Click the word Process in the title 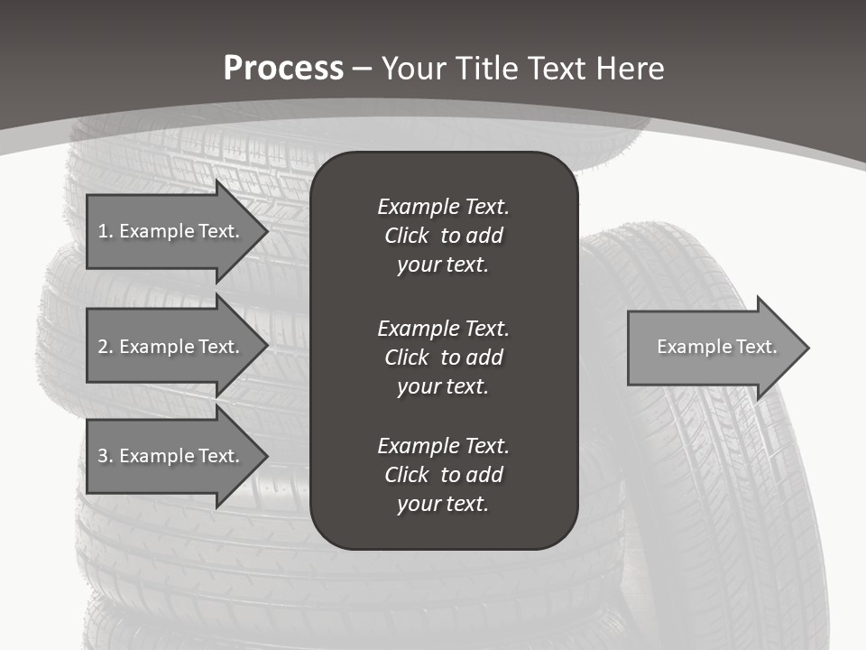(x=283, y=69)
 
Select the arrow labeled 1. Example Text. (x=171, y=231)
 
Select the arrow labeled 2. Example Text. (x=171, y=347)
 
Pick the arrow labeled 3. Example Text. (x=171, y=456)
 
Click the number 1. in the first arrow (x=106, y=231)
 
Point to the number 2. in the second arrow (x=106, y=347)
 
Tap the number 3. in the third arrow (x=106, y=456)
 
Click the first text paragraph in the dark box (x=443, y=236)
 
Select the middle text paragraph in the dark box (x=443, y=357)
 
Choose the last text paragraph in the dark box (x=443, y=475)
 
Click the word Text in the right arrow (x=756, y=347)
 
